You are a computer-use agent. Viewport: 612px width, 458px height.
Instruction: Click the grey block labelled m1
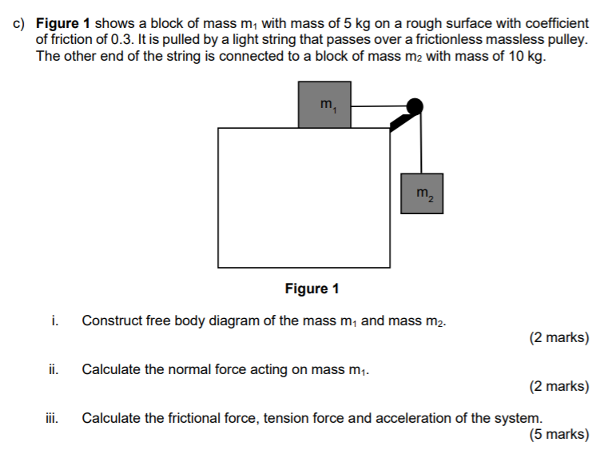click(x=324, y=104)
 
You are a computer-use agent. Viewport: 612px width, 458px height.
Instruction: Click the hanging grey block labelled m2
click(x=422, y=193)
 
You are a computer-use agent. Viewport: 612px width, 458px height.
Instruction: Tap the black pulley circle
click(x=415, y=106)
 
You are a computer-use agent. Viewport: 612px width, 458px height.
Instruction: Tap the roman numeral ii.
click(x=52, y=369)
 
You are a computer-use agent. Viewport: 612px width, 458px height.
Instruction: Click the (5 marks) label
click(x=558, y=435)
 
